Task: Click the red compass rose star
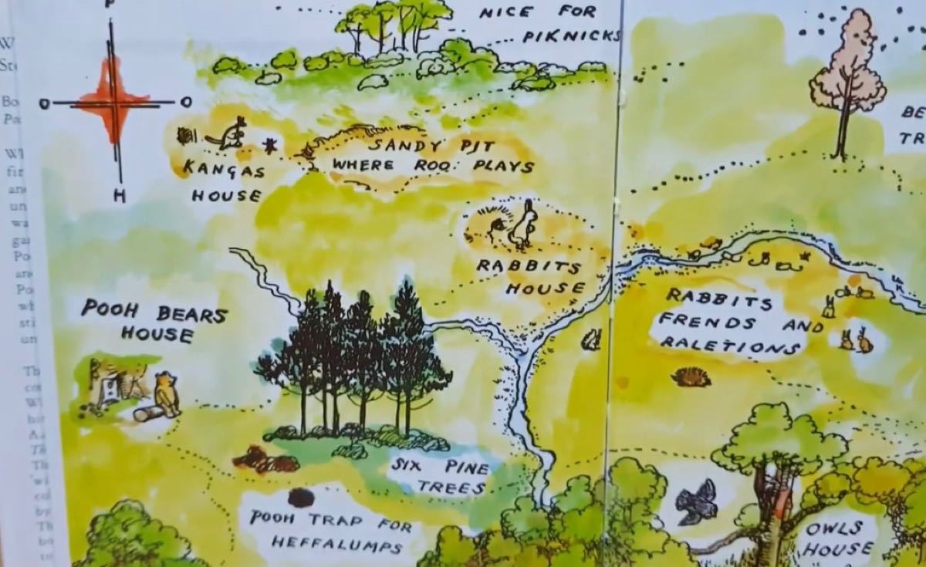113,100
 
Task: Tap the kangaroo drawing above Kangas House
228,137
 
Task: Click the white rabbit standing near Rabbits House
524,225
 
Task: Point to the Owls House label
836,538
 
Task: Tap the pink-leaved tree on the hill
847,81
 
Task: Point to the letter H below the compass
119,196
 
